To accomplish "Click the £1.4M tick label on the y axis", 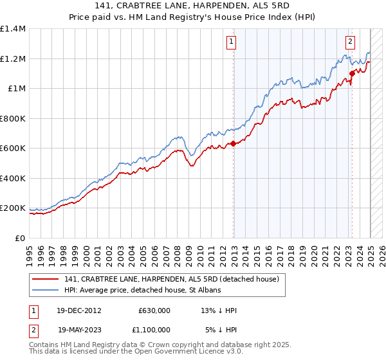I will (x=13, y=29).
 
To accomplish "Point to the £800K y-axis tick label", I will (x=13, y=118).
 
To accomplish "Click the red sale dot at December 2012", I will (x=234, y=144).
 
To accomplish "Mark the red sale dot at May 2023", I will (x=352, y=74).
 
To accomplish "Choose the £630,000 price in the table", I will (x=154, y=310).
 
